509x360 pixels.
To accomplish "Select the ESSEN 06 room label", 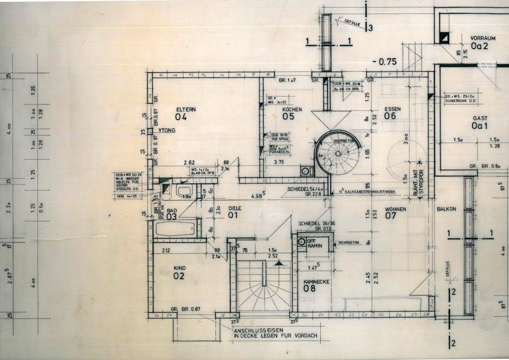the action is pyautogui.click(x=392, y=112).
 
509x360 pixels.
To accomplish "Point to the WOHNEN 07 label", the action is pyautogui.click(x=396, y=213).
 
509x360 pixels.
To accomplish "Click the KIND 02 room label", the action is pyautogui.click(x=179, y=273).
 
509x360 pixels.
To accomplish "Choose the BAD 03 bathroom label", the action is pyautogui.click(x=172, y=214).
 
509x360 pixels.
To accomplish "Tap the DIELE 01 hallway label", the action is pyautogui.click(x=234, y=212).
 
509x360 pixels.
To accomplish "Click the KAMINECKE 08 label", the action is pyautogui.click(x=316, y=285).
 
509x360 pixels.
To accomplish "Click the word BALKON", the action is pyautogui.click(x=446, y=209).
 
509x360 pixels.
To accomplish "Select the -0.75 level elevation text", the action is pyautogui.click(x=384, y=61).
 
